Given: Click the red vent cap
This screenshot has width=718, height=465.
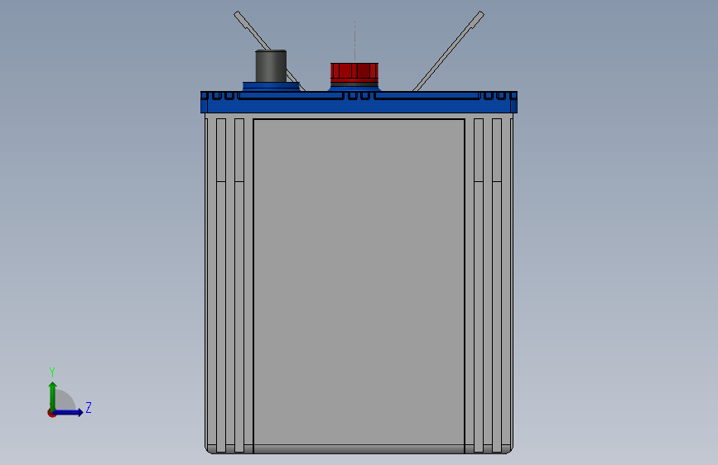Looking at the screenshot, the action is (x=354, y=71).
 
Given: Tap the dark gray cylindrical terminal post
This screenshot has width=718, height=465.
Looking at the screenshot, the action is (x=271, y=66).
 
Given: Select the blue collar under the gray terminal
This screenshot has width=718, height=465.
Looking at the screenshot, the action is (x=271, y=87).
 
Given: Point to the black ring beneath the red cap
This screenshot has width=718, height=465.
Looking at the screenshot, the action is (x=354, y=84).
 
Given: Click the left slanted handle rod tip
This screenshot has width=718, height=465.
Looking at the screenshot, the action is (x=237, y=14).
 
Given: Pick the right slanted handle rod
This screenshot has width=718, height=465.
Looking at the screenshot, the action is (x=448, y=51).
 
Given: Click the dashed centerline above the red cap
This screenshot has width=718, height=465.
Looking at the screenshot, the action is (x=354, y=41).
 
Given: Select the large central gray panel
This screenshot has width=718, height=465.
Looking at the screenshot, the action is (x=359, y=281).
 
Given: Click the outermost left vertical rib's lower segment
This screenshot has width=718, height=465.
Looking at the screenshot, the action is (x=221, y=317).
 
